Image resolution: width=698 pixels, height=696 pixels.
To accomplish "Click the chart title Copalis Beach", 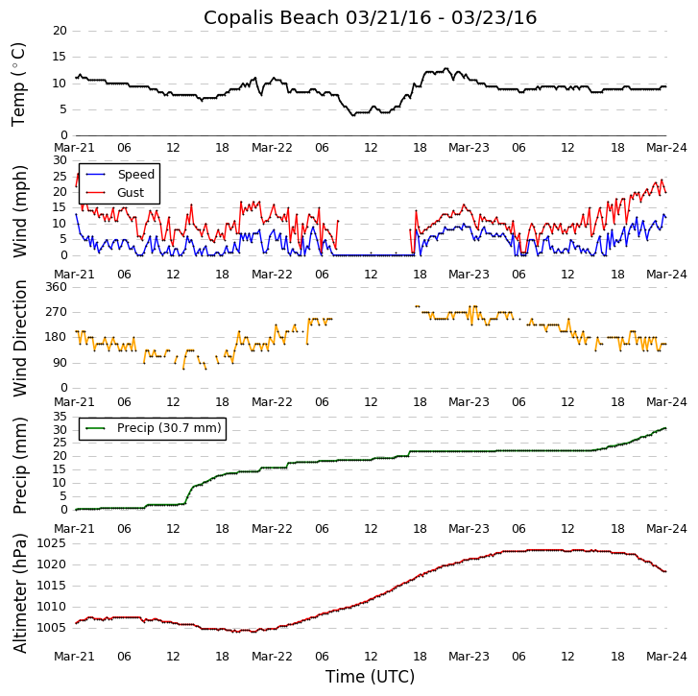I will [370, 17].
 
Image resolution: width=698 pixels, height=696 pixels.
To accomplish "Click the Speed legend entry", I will [135, 175].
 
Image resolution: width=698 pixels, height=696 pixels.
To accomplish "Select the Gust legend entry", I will [130, 193].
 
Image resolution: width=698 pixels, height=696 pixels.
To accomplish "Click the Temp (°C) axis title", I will [19, 84].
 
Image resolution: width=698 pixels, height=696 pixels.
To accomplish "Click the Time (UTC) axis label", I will [370, 677].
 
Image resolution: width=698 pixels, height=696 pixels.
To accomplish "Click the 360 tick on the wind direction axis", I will [56, 287].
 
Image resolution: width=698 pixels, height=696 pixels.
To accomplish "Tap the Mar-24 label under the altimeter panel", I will [666, 657].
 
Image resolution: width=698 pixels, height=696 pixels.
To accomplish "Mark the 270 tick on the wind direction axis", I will [56, 312].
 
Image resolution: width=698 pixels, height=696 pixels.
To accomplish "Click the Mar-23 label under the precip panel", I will [469, 528].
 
